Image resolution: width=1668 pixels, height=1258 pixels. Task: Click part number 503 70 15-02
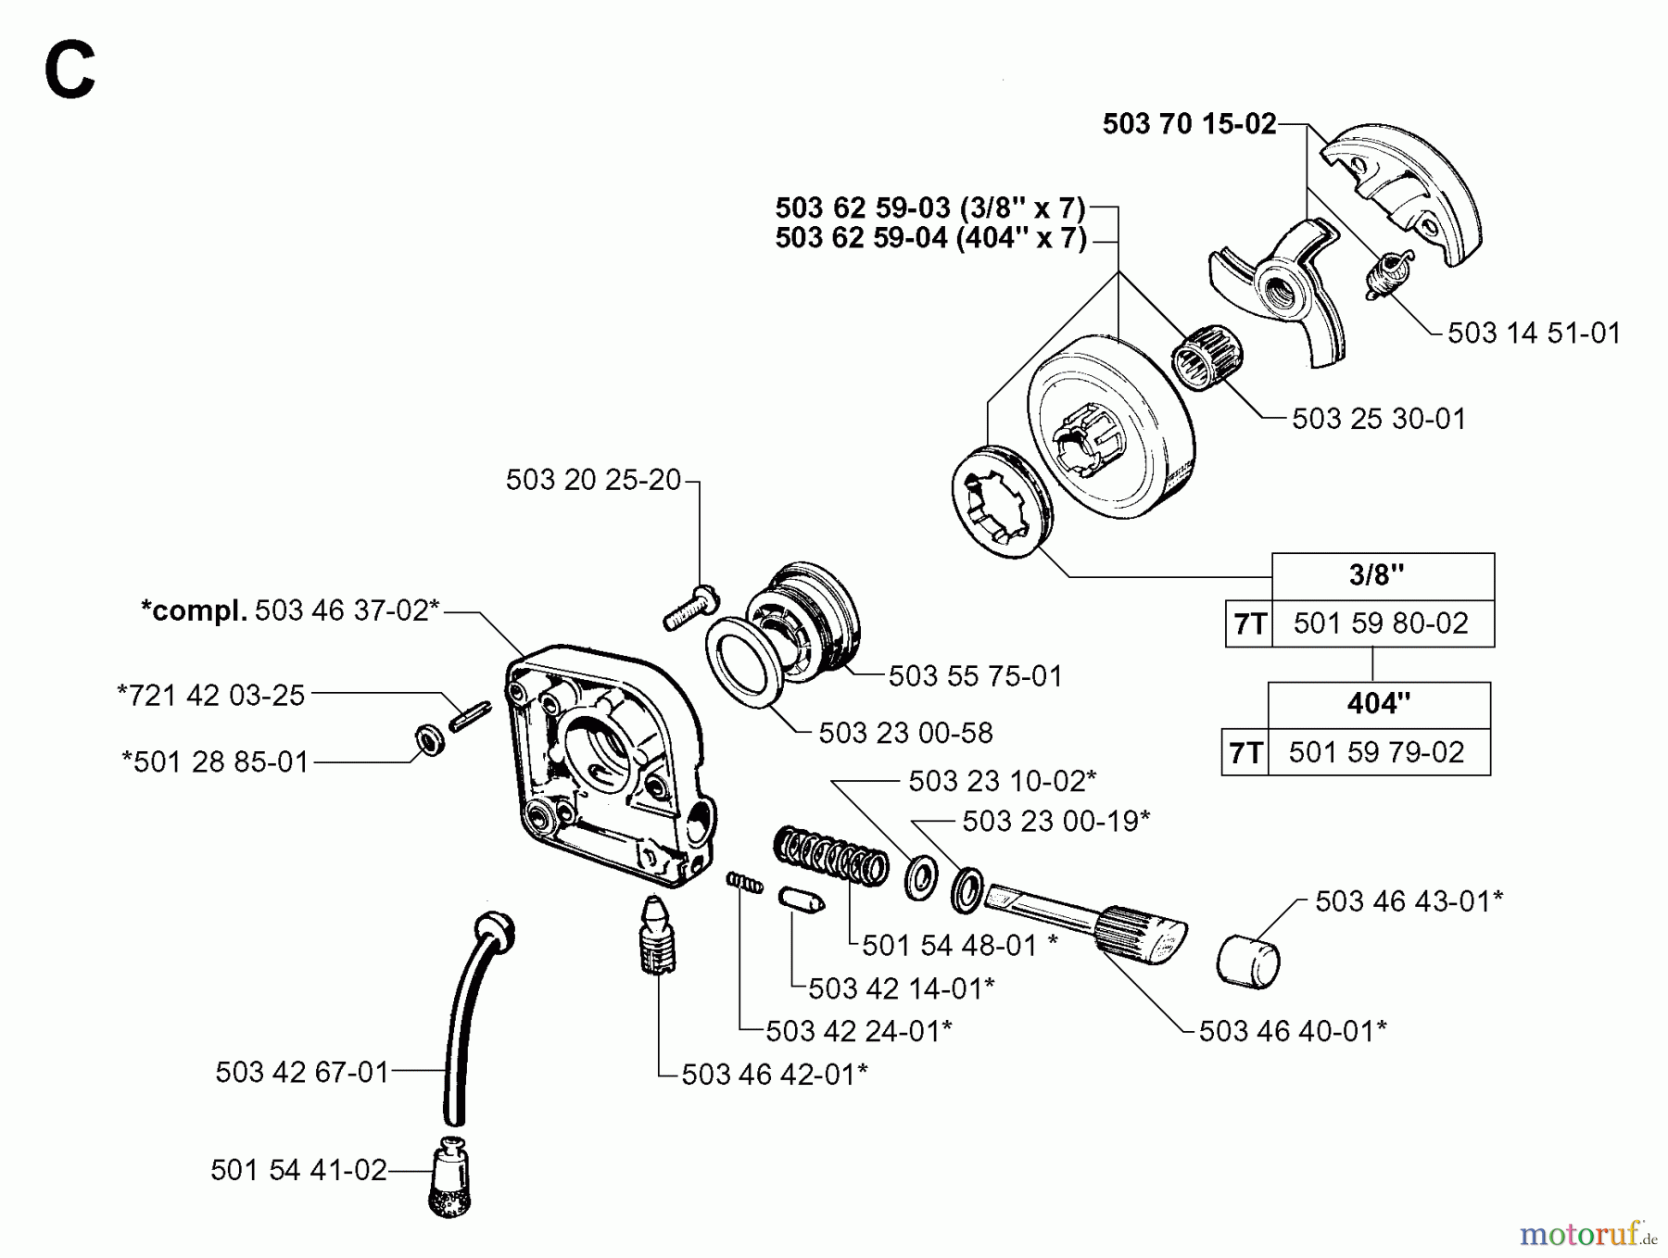click(1189, 124)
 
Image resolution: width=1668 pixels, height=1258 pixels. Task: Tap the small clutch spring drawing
click(1386, 274)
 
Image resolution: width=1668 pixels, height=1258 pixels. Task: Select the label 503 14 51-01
click(1534, 333)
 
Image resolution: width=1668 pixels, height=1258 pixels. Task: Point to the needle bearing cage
click(1207, 355)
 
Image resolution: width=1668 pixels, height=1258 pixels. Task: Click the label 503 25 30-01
click(1378, 419)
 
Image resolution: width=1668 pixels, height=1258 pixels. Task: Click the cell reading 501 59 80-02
click(1381, 623)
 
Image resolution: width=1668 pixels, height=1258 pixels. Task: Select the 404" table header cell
click(1378, 704)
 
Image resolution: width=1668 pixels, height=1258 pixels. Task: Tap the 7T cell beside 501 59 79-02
click(1245, 753)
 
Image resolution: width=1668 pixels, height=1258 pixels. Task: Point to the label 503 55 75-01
click(975, 676)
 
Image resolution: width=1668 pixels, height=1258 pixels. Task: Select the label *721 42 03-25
click(211, 696)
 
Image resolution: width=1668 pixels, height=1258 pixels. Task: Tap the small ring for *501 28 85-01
click(428, 740)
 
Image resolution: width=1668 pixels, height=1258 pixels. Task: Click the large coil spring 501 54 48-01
click(829, 858)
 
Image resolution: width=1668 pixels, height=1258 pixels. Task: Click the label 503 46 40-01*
click(1292, 1031)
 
